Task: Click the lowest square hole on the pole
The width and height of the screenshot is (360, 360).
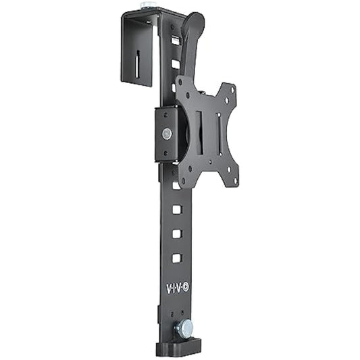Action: tap(177, 258)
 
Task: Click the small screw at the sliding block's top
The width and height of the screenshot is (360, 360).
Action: tap(166, 113)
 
